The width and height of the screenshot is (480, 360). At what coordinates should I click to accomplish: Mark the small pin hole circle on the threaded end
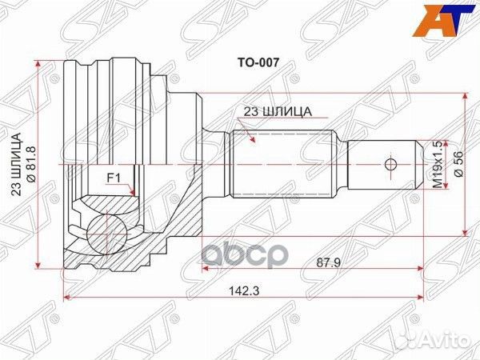click(390, 165)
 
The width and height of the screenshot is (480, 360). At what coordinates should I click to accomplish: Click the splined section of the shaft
click(280, 165)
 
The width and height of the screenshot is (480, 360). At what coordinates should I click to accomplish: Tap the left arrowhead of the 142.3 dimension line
click(66, 298)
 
